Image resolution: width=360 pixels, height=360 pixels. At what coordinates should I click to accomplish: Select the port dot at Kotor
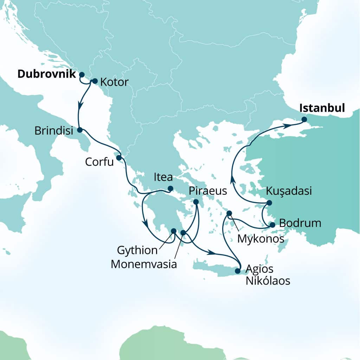coord(94,81)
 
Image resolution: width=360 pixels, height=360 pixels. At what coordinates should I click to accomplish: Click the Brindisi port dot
coord(79,130)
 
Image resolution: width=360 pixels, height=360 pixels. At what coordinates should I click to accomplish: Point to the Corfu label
coord(99,162)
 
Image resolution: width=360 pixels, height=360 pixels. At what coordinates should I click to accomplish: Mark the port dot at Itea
coord(170,188)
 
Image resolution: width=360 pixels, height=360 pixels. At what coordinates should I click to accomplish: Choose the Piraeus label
coord(208,191)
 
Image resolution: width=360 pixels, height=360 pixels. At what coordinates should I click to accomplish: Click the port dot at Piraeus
coord(196,202)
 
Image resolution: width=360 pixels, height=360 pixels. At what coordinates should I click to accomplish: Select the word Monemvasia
coord(143,264)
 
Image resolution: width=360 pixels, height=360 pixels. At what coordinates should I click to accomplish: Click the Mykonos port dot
coord(229,213)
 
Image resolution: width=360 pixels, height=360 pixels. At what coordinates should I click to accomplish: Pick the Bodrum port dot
coord(272,225)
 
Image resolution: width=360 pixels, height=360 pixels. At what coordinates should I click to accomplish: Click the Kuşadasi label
coord(289,191)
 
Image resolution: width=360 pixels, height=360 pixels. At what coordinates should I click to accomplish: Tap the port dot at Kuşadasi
coord(269,202)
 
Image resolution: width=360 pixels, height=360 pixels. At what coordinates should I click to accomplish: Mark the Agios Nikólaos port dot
coord(237,271)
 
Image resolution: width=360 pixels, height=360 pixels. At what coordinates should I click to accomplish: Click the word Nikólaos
coord(268,281)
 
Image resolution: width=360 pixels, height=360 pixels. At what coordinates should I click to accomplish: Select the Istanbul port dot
coord(304,120)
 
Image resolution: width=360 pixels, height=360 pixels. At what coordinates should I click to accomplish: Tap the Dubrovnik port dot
coord(82,75)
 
